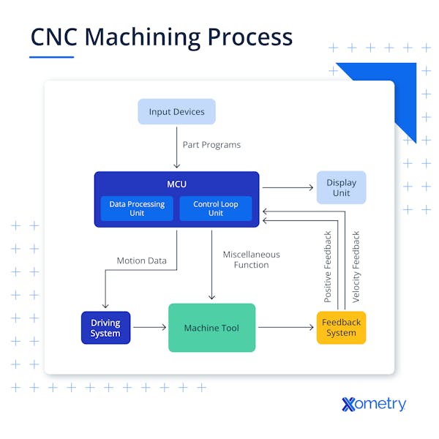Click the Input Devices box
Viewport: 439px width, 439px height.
pos(176,112)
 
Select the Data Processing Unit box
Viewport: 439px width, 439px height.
pos(137,209)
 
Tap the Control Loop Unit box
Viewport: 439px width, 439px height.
pos(215,209)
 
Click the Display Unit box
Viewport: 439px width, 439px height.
pos(341,188)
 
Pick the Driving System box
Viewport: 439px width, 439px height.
pos(105,328)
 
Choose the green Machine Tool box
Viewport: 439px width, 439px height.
pos(211,328)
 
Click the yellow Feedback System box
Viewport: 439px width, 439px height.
pos(341,328)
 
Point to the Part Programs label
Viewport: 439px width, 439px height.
pos(211,145)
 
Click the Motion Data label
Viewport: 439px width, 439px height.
pos(141,260)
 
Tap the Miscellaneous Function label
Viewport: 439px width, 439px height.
pos(251,260)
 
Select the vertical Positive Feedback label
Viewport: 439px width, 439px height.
pos(328,266)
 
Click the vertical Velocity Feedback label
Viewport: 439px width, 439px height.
pos(356,266)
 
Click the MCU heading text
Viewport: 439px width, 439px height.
pos(176,184)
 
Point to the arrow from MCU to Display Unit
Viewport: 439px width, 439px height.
pos(288,188)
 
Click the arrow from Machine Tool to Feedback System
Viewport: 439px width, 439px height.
pos(285,328)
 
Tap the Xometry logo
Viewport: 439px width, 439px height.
pos(373,403)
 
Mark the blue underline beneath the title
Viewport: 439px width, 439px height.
pos(52,57)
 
